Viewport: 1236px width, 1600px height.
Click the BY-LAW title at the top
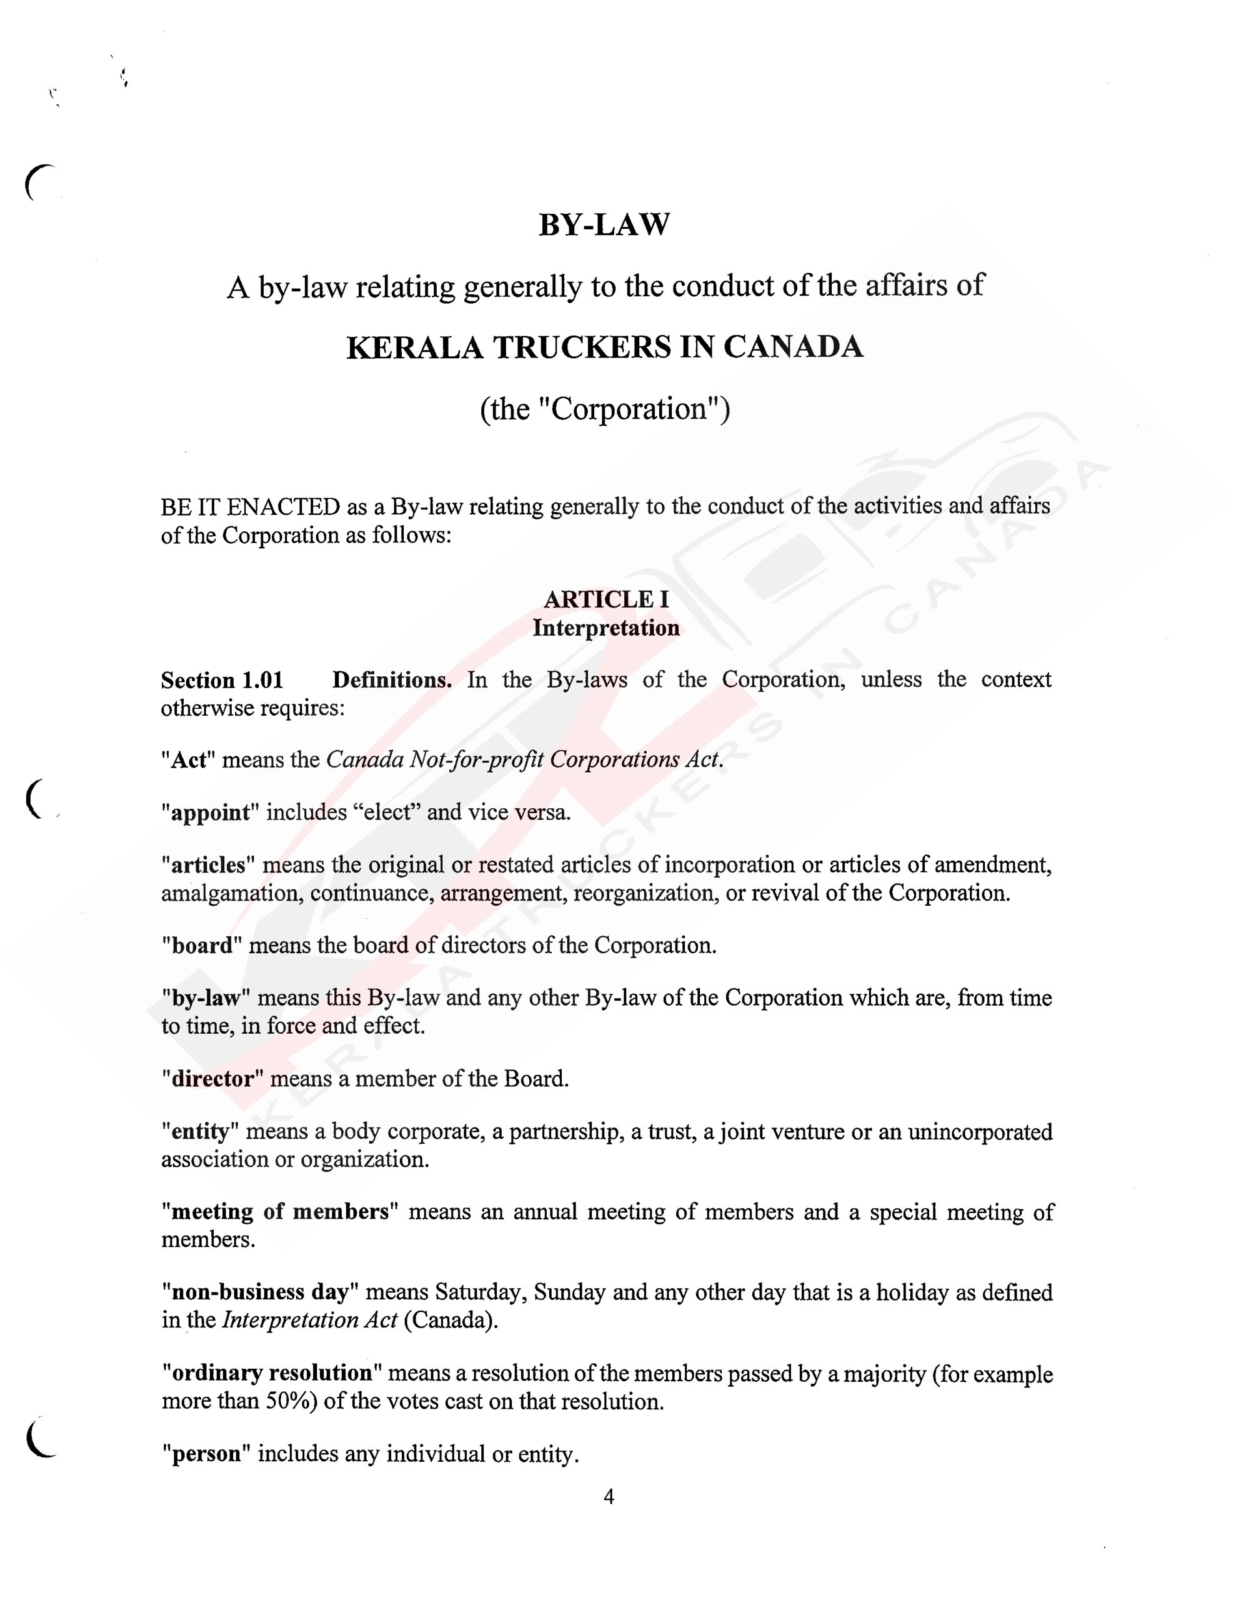tap(604, 225)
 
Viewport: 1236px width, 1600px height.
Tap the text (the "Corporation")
tap(604, 409)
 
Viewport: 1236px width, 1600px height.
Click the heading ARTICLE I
tap(606, 600)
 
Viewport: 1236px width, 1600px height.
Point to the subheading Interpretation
tap(606, 628)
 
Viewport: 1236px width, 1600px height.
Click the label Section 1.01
tap(222, 681)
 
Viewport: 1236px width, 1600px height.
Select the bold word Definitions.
tap(392, 681)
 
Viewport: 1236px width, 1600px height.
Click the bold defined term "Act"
tap(188, 760)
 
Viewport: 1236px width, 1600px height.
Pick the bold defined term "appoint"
tap(211, 813)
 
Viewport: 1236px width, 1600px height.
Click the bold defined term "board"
tap(201, 946)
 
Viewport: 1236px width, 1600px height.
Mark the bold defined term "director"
tap(212, 1079)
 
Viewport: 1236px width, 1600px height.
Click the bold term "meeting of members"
tap(279, 1212)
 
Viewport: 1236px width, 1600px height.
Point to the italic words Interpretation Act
tap(309, 1320)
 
